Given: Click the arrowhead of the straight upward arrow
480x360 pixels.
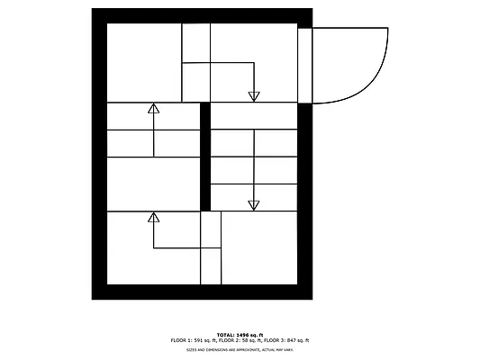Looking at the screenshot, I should (153, 108).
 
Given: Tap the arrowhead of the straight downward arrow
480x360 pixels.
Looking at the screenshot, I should (254, 205).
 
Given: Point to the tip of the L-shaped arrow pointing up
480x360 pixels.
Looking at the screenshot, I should (153, 217).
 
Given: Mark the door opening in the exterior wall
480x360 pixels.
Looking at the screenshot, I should (304, 65).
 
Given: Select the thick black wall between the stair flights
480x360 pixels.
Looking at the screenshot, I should (204, 156).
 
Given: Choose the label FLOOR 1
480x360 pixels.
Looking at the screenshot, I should (181, 340).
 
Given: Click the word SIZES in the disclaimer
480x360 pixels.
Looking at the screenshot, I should (191, 349).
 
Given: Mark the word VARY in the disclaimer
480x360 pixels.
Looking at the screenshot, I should (287, 349).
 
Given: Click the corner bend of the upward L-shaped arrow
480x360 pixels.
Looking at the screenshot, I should (153, 247).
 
